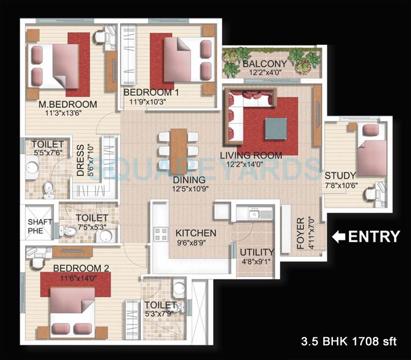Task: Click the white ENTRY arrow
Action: [339, 237]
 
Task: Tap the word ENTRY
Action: [374, 237]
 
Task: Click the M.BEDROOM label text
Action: [61, 104]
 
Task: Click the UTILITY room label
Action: [257, 252]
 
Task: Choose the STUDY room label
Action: [340, 175]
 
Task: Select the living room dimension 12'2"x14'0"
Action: [251, 165]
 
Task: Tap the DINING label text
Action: [190, 180]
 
